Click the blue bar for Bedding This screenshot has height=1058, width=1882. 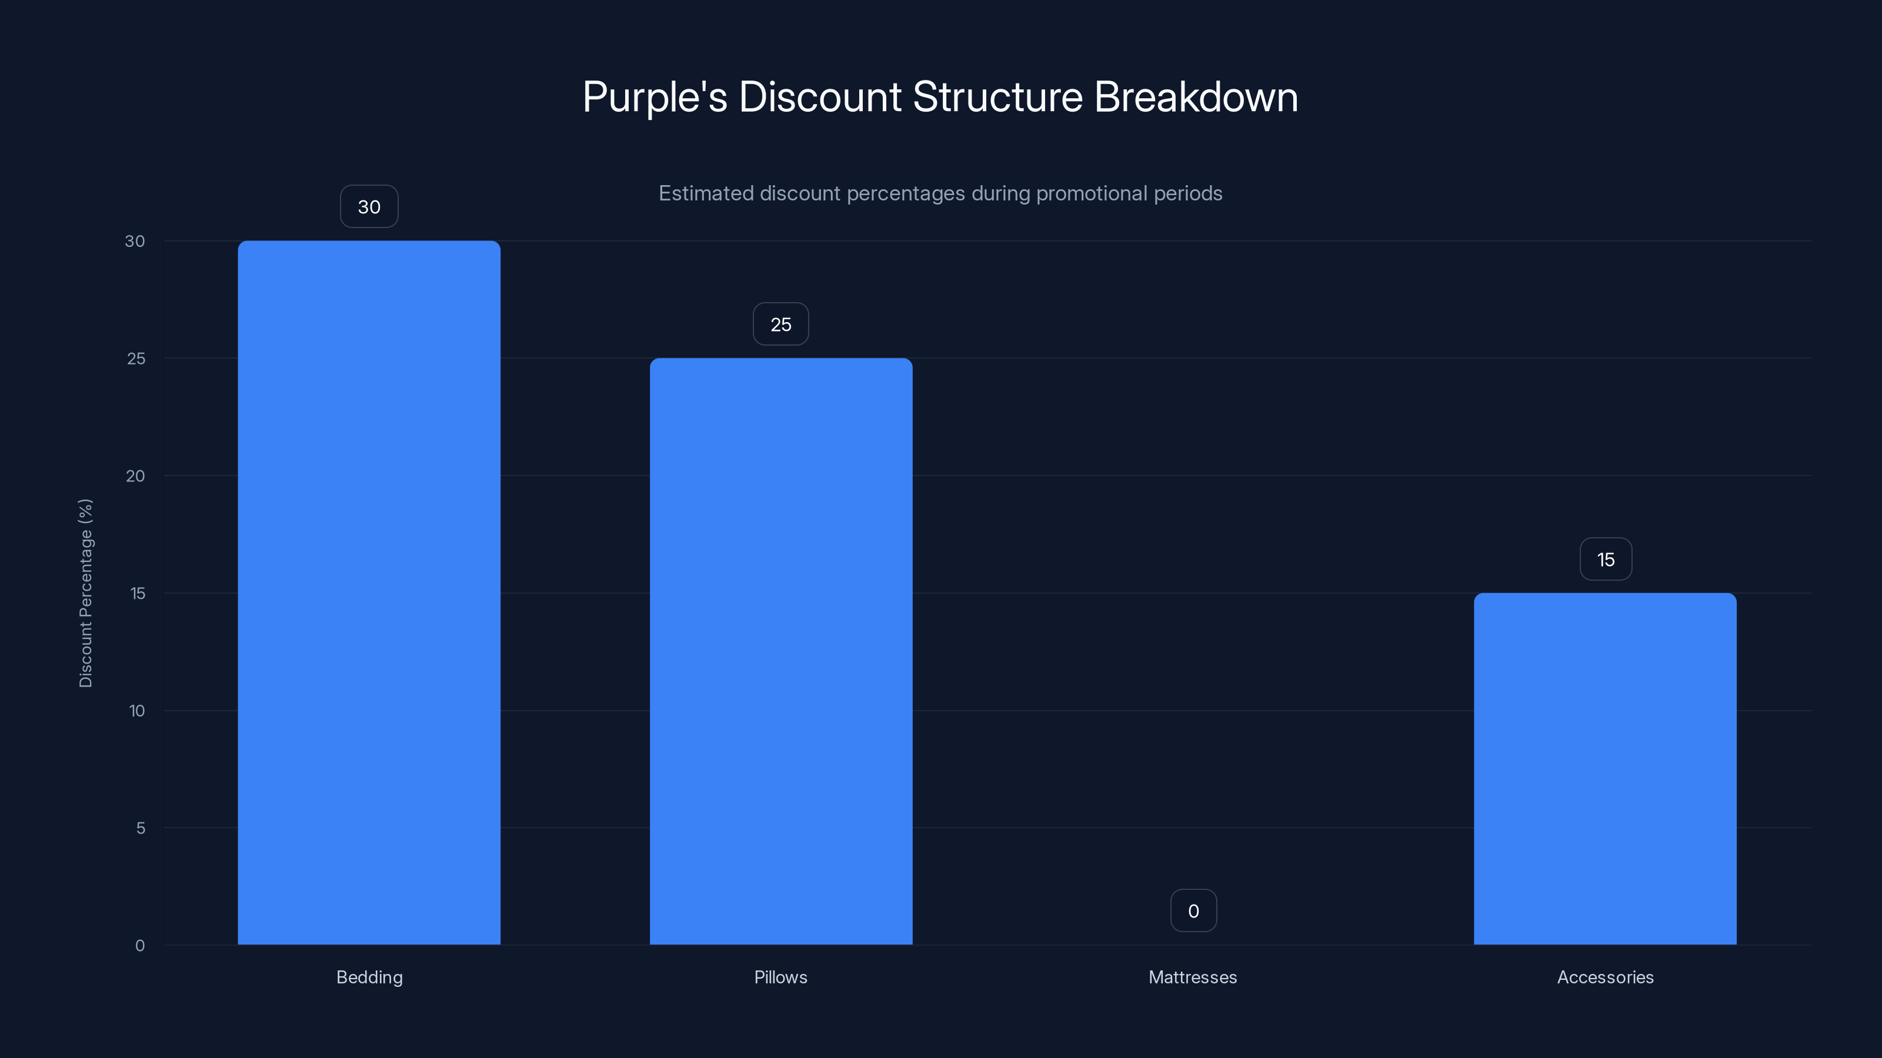pyautogui.click(x=369, y=591)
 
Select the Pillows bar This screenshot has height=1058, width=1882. pyautogui.click(x=781, y=650)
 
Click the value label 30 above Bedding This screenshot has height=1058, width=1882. pyautogui.click(x=369, y=207)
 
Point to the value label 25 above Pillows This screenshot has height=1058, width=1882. pyautogui.click(x=781, y=324)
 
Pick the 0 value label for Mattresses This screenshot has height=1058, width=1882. pyautogui.click(x=1193, y=910)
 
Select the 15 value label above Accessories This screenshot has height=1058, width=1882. pyautogui.click(x=1605, y=560)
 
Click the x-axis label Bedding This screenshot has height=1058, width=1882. pyautogui.click(x=369, y=977)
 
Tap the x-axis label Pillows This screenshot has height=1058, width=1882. pyautogui.click(x=780, y=977)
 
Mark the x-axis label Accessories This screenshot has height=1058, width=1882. pyautogui.click(x=1605, y=977)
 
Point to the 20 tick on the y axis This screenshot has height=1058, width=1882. pyautogui.click(x=135, y=476)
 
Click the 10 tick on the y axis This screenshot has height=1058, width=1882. pyautogui.click(x=136, y=711)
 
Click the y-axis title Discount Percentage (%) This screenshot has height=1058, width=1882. pyautogui.click(x=85, y=593)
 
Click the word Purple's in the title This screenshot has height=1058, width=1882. pyautogui.click(x=655, y=97)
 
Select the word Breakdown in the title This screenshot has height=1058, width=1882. pyautogui.click(x=1196, y=97)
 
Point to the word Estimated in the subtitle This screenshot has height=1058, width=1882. pyautogui.click(x=706, y=193)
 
